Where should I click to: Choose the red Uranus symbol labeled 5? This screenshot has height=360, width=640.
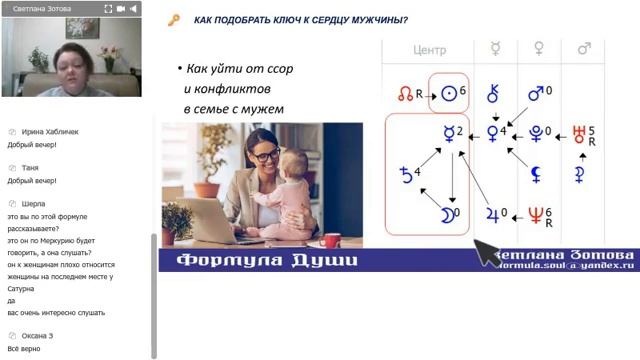click(579, 133)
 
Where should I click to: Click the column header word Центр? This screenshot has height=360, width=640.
click(429, 49)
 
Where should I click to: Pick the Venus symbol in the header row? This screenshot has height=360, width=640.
click(539, 48)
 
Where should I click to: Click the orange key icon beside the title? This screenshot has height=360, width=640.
click(174, 20)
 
